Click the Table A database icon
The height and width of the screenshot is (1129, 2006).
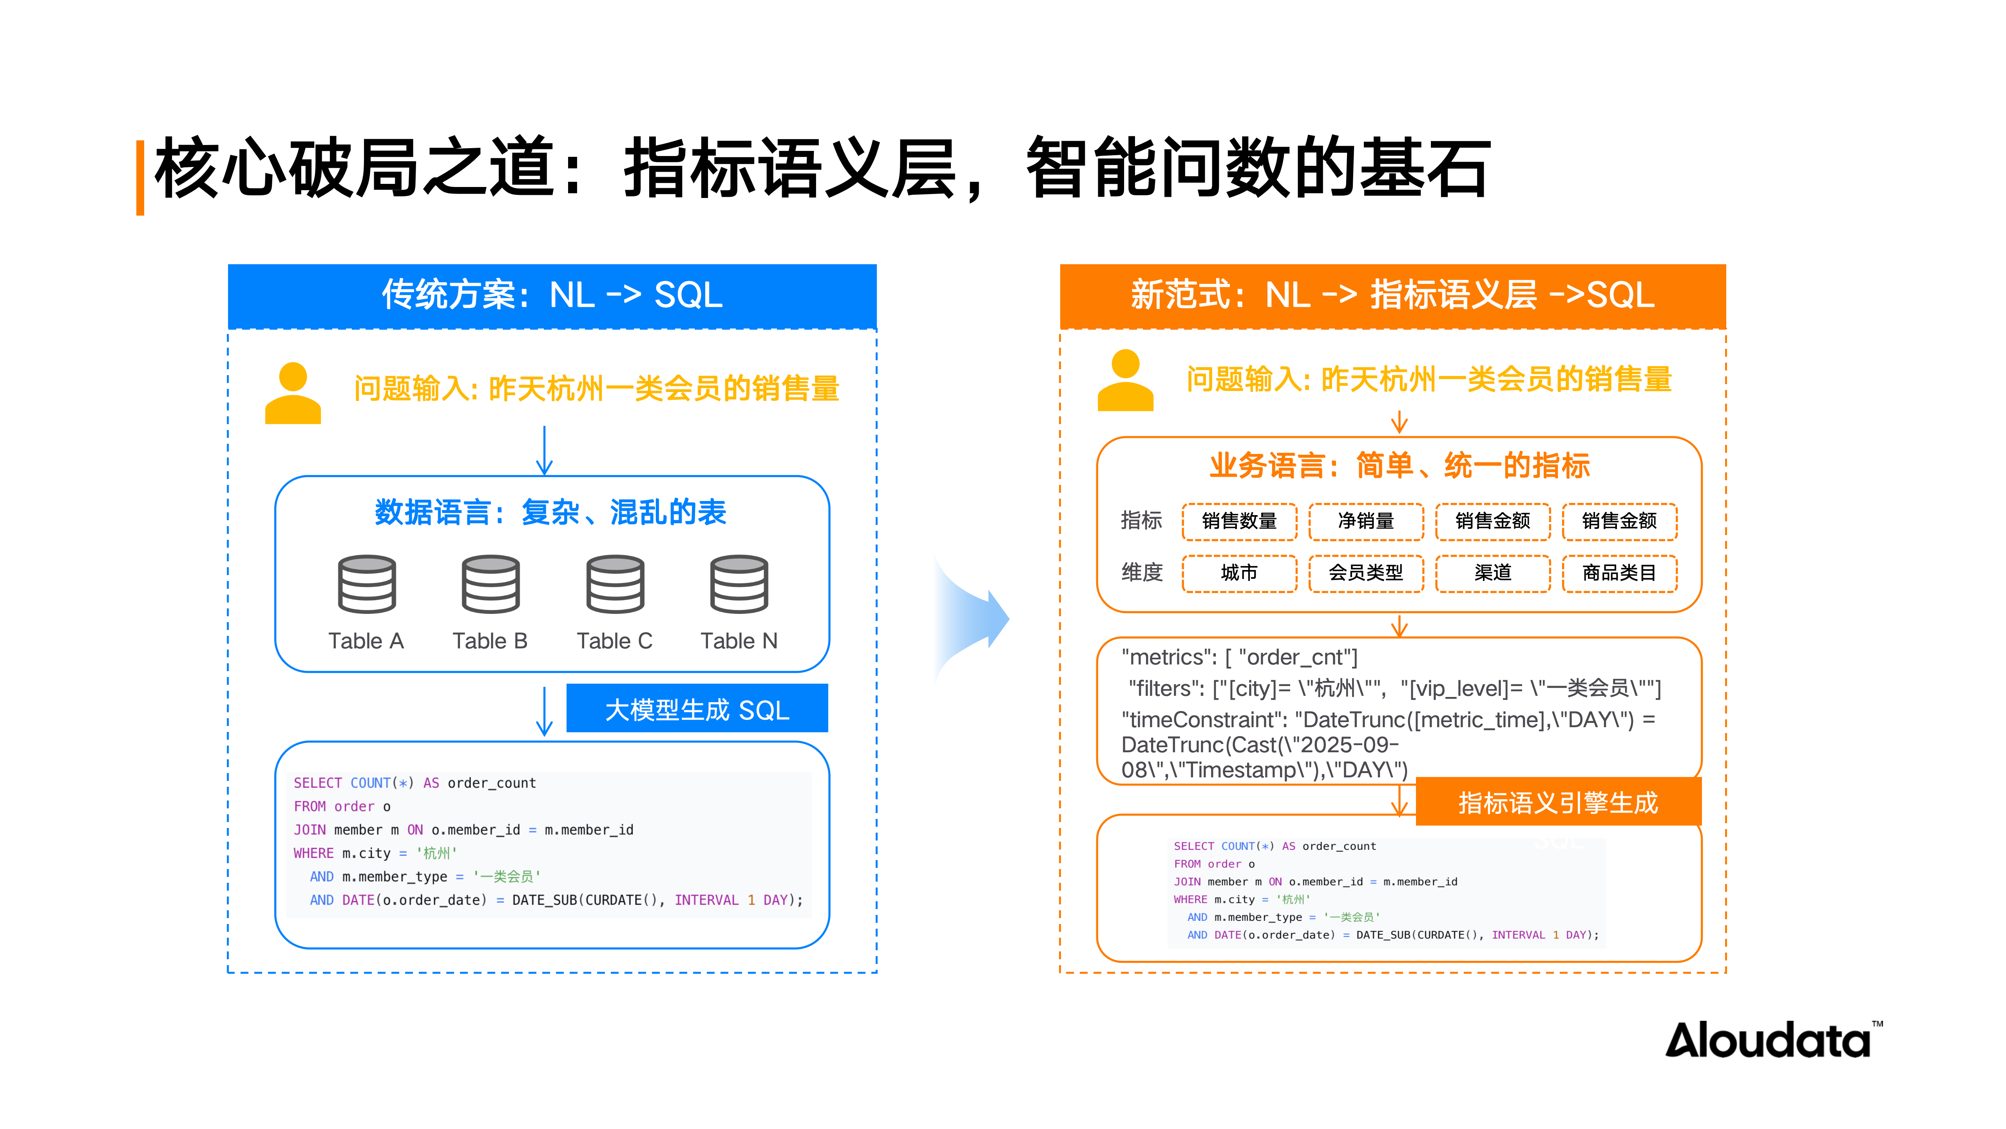click(x=367, y=584)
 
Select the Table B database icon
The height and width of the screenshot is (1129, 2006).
click(x=491, y=584)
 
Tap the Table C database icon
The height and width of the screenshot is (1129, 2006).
click(x=615, y=584)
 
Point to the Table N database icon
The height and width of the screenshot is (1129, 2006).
click(x=739, y=584)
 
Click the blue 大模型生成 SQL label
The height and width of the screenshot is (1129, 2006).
click(x=697, y=709)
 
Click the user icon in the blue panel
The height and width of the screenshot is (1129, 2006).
click(x=293, y=394)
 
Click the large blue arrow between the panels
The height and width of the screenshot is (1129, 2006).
click(x=973, y=619)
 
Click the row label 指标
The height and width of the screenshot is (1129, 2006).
click(x=1141, y=521)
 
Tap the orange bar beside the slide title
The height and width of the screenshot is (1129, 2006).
click(x=140, y=178)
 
